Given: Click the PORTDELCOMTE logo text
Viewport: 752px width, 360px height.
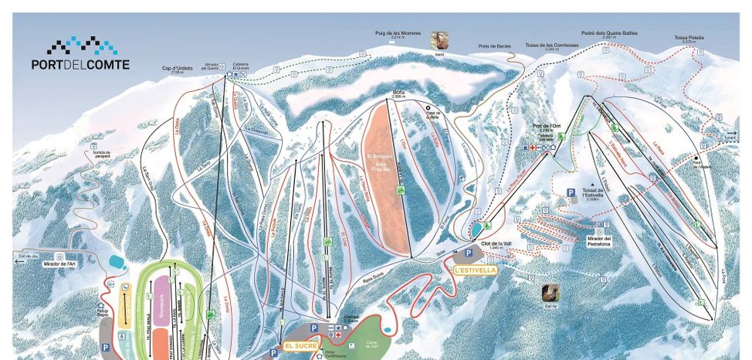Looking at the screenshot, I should pos(80,65).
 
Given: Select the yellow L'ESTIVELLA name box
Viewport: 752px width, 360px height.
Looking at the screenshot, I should pos(473,270).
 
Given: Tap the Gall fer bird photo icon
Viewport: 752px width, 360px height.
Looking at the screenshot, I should pos(550,294).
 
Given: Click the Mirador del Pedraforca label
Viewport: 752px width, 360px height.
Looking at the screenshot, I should pos(598,241).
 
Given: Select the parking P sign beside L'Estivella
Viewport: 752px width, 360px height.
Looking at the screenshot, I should pos(468,253).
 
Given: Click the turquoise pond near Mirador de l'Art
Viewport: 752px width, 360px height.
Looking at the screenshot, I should pos(117,261).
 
